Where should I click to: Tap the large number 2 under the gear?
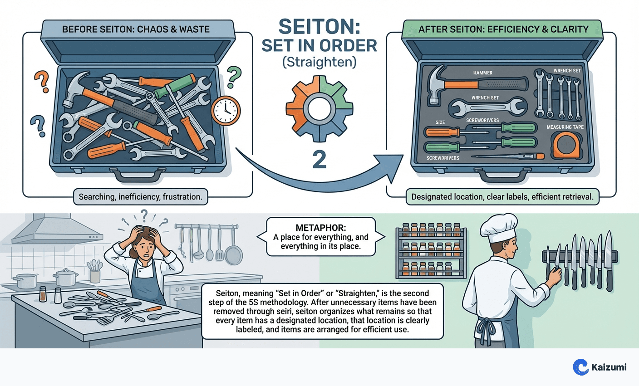tap(319, 160)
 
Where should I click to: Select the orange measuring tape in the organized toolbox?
tap(565, 146)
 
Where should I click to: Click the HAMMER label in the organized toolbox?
tap(482, 73)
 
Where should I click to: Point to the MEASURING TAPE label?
tap(565, 127)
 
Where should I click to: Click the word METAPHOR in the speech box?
tap(320, 228)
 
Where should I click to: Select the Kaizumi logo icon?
tap(580, 367)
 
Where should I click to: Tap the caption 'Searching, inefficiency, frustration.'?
tap(140, 197)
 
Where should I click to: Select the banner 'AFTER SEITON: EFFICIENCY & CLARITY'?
tap(503, 29)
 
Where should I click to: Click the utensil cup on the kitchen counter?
tap(95, 275)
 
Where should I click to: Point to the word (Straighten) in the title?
tap(319, 62)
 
